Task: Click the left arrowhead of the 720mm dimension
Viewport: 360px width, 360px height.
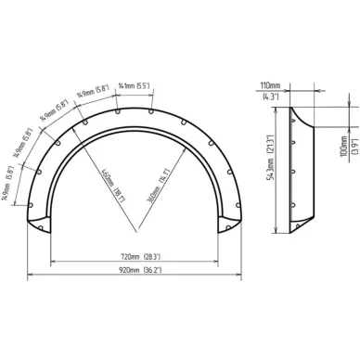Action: [52, 260]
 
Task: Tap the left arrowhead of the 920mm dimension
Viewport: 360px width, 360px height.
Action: [29, 276]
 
